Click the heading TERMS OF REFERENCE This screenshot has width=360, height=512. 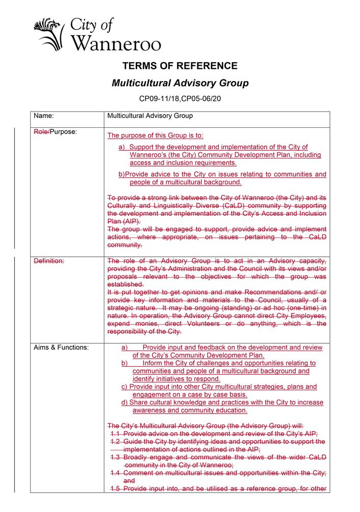[180, 66]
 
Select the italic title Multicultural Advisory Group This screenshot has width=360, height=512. [180, 82]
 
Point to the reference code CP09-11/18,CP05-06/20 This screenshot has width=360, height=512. [180, 97]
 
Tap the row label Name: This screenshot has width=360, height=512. [44, 116]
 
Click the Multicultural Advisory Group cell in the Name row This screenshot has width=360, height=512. [150, 116]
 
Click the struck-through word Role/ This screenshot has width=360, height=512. [41, 132]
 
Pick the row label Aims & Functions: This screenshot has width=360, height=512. [61, 348]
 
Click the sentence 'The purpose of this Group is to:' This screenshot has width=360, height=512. [155, 136]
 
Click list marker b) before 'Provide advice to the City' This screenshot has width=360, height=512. [121, 174]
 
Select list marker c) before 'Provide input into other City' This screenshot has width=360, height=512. [124, 387]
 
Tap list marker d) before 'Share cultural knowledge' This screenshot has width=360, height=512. [124, 402]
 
